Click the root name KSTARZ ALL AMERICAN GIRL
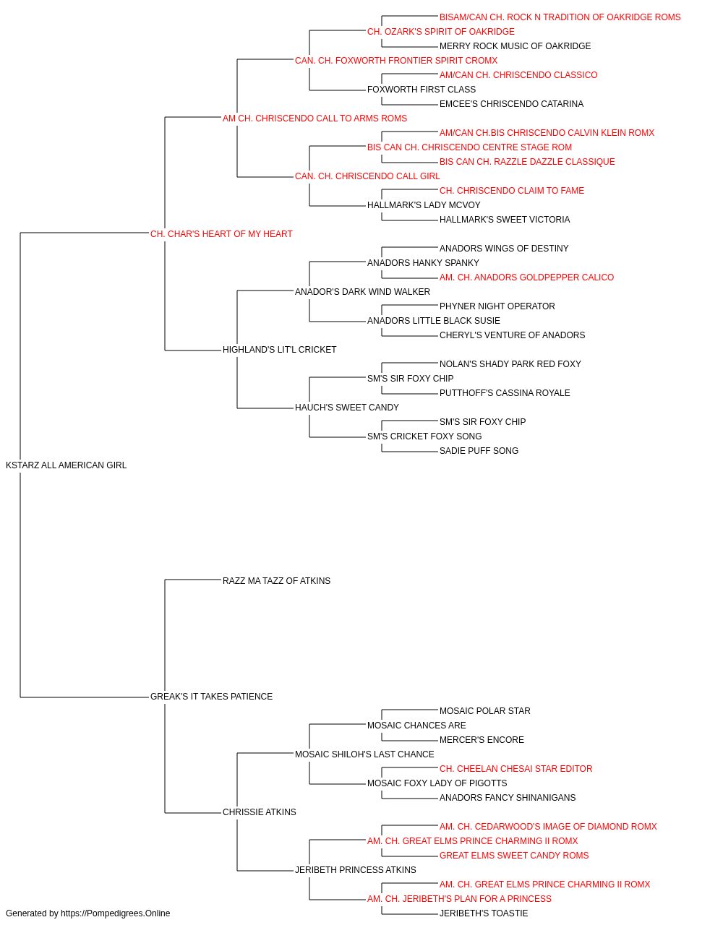click(x=66, y=465)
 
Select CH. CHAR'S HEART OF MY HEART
click(x=221, y=234)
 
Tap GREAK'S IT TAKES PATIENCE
click(x=211, y=697)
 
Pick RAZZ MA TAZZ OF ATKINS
click(x=276, y=580)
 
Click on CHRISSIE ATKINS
click(x=260, y=812)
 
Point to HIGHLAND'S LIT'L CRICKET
click(x=279, y=350)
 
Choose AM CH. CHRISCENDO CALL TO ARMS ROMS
click(x=315, y=119)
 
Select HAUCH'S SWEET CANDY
click(x=347, y=408)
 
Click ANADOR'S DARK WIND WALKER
click(x=362, y=291)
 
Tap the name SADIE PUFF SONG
click(x=479, y=451)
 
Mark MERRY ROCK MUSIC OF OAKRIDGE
click(x=515, y=46)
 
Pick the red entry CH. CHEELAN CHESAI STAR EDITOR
click(x=515, y=768)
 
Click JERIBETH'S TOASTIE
click(x=484, y=913)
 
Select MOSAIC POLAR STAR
click(x=484, y=711)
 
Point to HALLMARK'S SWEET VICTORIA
click(x=505, y=220)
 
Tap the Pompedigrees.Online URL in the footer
click(x=115, y=913)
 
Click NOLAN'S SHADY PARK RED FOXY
click(x=510, y=364)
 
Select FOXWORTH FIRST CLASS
click(x=422, y=90)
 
